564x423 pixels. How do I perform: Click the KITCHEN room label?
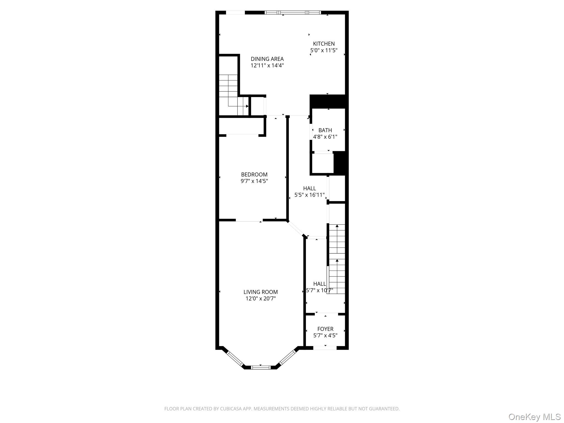pyautogui.click(x=324, y=44)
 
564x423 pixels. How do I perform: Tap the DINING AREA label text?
pyautogui.click(x=267, y=59)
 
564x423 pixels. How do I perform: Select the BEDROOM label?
pyautogui.click(x=254, y=175)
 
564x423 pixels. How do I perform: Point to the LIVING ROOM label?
pyautogui.click(x=261, y=292)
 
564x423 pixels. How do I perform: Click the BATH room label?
pyautogui.click(x=325, y=130)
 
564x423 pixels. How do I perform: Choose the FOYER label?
pyautogui.click(x=325, y=329)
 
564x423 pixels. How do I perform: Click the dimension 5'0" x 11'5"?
pyautogui.click(x=324, y=50)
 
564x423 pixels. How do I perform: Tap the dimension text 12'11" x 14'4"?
pyautogui.click(x=267, y=66)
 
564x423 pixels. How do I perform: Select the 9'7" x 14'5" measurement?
pyautogui.click(x=254, y=181)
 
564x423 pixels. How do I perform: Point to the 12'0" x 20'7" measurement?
pyautogui.click(x=261, y=299)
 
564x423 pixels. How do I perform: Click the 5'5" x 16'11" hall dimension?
pyautogui.click(x=310, y=195)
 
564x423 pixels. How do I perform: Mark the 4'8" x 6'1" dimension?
pyautogui.click(x=325, y=137)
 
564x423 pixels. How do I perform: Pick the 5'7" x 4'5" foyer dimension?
pyautogui.click(x=325, y=335)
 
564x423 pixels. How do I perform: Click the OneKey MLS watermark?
pyautogui.click(x=535, y=417)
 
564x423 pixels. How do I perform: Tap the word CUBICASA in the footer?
pyautogui.click(x=227, y=409)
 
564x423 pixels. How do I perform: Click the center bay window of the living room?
pyautogui.click(x=261, y=367)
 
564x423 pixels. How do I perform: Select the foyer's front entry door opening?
pyautogui.click(x=325, y=348)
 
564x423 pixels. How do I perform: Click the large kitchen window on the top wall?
pyautogui.click(x=293, y=12)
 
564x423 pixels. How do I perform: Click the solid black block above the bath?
pyautogui.click(x=328, y=101)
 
